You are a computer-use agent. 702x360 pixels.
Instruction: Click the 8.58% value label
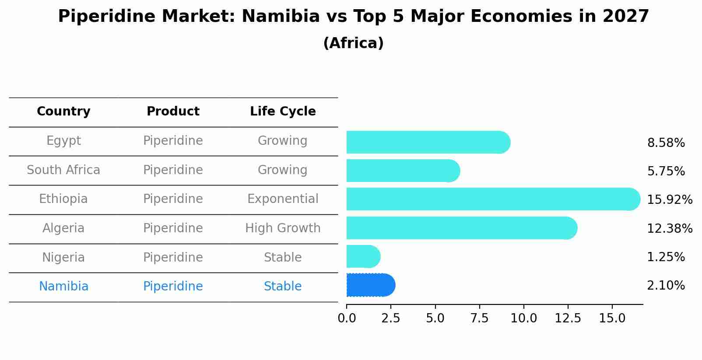(666, 143)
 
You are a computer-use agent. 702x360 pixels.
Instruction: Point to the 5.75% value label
(666, 171)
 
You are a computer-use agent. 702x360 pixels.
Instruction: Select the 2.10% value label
(666, 286)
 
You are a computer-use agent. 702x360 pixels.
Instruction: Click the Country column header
(63, 112)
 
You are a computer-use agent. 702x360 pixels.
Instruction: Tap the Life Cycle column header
(283, 112)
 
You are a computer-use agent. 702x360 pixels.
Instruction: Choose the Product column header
(173, 112)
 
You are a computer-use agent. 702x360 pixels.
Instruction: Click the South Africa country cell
(63, 170)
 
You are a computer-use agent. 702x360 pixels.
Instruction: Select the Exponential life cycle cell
(283, 199)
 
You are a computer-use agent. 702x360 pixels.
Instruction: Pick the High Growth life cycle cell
(283, 228)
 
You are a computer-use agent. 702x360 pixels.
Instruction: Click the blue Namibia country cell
(63, 287)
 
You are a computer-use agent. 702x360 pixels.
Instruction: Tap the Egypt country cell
(63, 141)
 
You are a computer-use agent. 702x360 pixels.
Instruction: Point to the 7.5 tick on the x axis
(479, 318)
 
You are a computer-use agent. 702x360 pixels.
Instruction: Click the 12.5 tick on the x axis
(568, 318)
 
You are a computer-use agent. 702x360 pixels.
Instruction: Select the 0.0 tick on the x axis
(347, 318)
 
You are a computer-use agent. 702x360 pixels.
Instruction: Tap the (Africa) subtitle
(353, 43)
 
